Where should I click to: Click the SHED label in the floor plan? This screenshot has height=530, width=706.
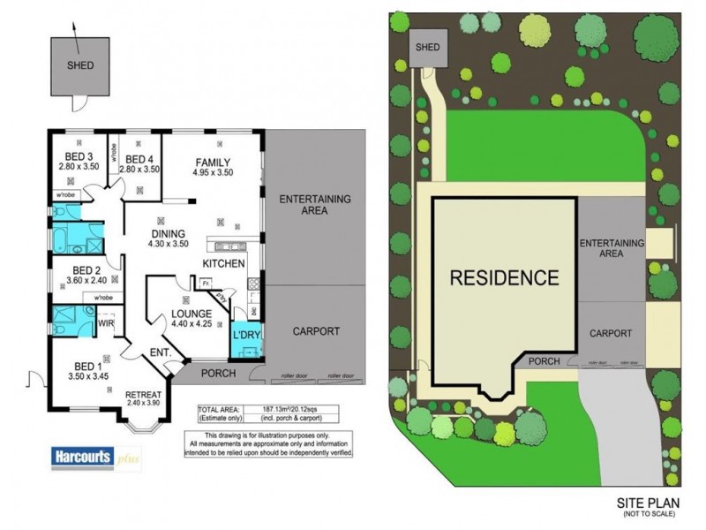click(80, 65)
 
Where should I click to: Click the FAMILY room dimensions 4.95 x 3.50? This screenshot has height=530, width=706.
click(213, 173)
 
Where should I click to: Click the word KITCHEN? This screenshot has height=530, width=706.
click(224, 264)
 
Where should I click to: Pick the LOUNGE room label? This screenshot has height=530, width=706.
click(191, 313)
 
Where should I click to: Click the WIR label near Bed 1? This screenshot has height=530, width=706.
click(107, 324)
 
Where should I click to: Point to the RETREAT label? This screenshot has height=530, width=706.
click(142, 394)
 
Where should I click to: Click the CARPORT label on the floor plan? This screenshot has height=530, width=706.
click(315, 332)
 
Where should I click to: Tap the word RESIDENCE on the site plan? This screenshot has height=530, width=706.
click(504, 277)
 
